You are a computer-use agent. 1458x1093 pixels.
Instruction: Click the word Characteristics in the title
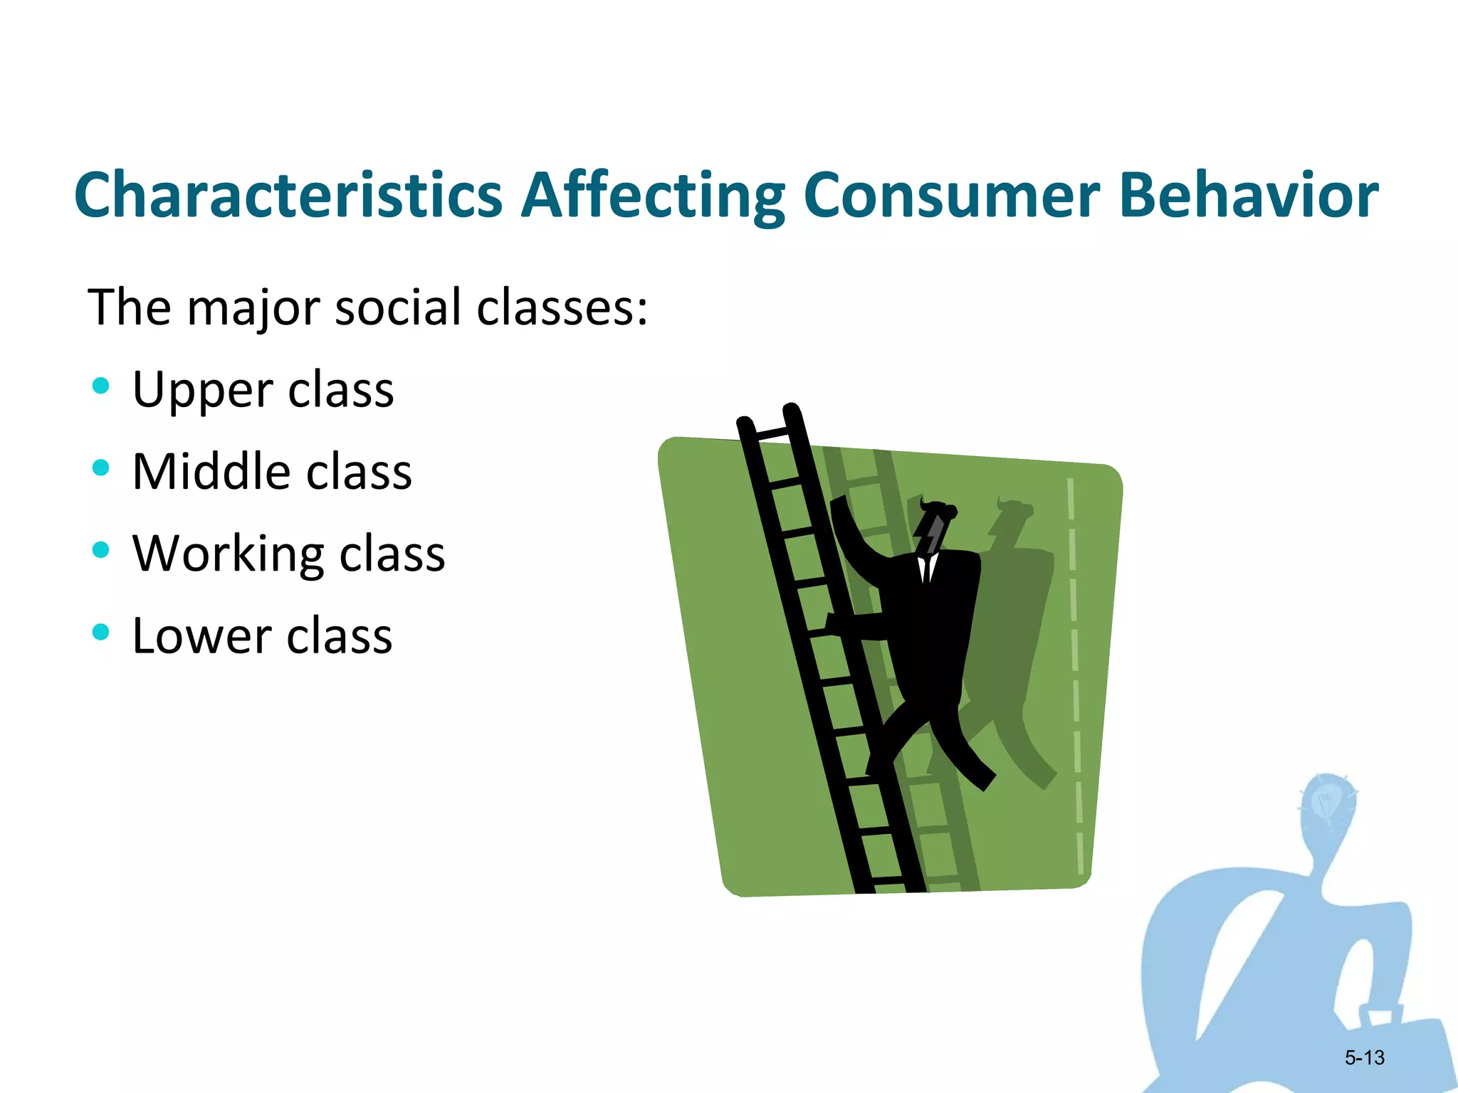point(288,195)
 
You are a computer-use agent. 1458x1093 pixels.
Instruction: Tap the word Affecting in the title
point(652,195)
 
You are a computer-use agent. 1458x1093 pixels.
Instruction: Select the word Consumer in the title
point(951,195)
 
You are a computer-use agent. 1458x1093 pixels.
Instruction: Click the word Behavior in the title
point(1249,195)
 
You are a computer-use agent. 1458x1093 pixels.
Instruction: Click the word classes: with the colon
point(562,307)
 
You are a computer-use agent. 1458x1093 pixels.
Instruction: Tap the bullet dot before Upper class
point(101,386)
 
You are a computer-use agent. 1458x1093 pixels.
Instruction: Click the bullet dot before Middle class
point(101,468)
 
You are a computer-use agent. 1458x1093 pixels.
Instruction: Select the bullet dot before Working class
point(101,550)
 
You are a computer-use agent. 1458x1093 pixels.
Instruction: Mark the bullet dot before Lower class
point(101,632)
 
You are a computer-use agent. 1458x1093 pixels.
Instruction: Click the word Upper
point(202,390)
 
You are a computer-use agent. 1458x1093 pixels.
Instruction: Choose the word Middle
point(211,472)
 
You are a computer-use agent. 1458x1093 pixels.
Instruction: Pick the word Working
point(229,554)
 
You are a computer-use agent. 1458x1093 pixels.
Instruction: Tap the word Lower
point(201,635)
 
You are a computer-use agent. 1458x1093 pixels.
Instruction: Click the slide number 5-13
point(1364,1057)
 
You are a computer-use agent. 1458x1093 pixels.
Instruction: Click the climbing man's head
point(936,527)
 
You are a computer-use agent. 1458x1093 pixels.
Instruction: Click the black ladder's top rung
point(771,433)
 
